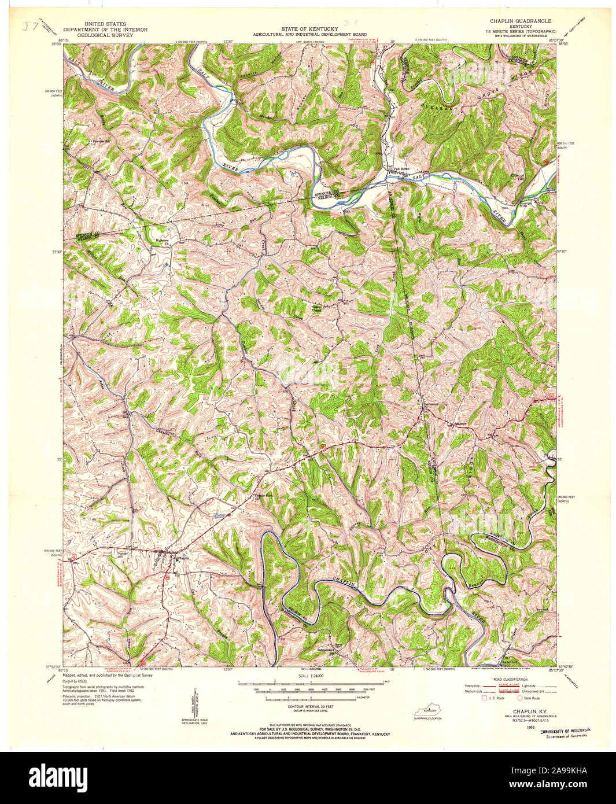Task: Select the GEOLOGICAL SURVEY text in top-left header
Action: (105, 35)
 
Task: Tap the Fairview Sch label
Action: (96, 140)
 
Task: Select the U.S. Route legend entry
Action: (495, 698)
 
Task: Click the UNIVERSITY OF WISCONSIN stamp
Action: (565, 731)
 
